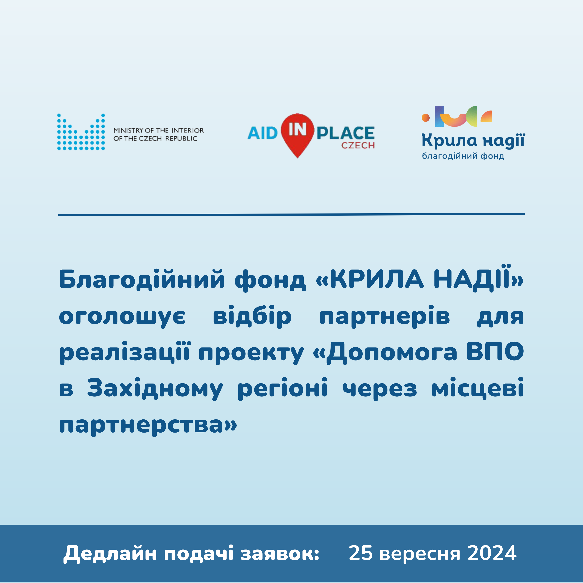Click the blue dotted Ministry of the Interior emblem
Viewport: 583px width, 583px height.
81,132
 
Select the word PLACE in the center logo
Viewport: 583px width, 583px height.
346,133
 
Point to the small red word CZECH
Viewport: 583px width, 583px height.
358,145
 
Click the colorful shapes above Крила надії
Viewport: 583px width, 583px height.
457,116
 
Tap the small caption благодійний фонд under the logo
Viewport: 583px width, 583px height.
463,156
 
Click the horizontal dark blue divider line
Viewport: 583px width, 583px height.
292,215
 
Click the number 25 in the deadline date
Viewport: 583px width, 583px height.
361,553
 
